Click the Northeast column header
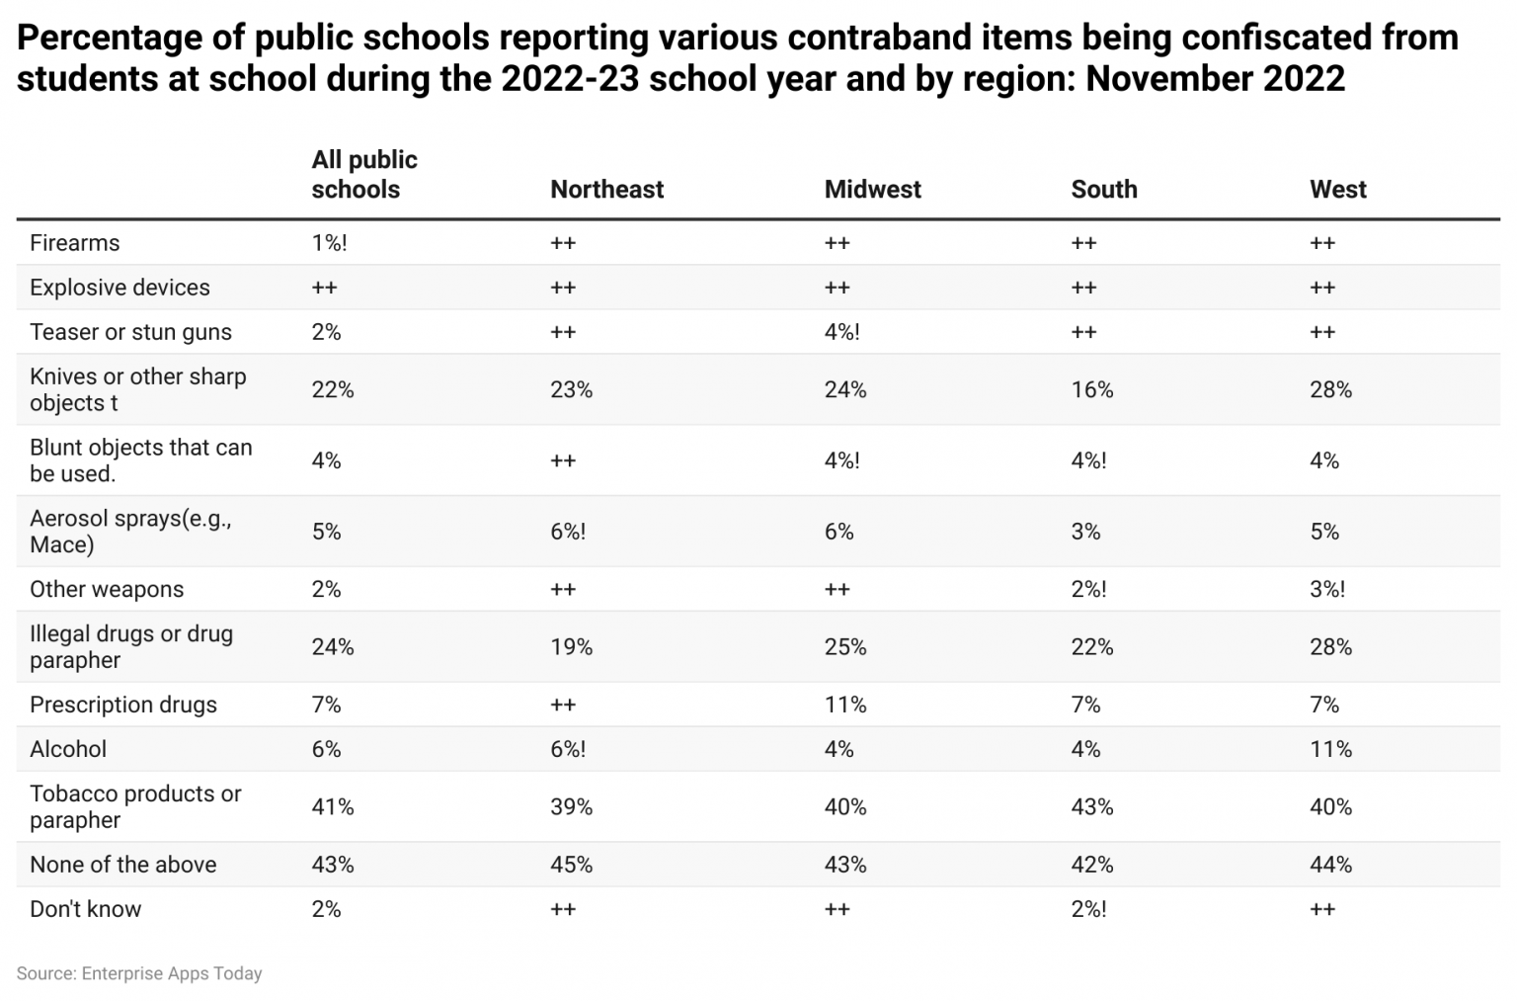pos(606,189)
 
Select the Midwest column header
pos(872,189)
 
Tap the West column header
pos(1337,189)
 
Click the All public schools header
pos(363,174)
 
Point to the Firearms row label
pos(74,243)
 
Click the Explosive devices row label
pos(120,288)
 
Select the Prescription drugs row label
pos(122,705)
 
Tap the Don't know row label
pos(85,909)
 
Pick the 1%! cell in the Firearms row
pos(329,243)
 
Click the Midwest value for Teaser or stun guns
pos(841,332)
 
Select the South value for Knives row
pos(1091,389)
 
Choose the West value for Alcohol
pos(1330,749)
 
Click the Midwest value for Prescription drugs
pos(845,705)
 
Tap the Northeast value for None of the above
pos(571,865)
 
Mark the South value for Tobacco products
pos(1091,806)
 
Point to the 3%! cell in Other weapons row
pos(1326,589)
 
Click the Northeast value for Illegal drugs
pos(571,647)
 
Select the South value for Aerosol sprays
pos(1085,532)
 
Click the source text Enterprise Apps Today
pos(171,973)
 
